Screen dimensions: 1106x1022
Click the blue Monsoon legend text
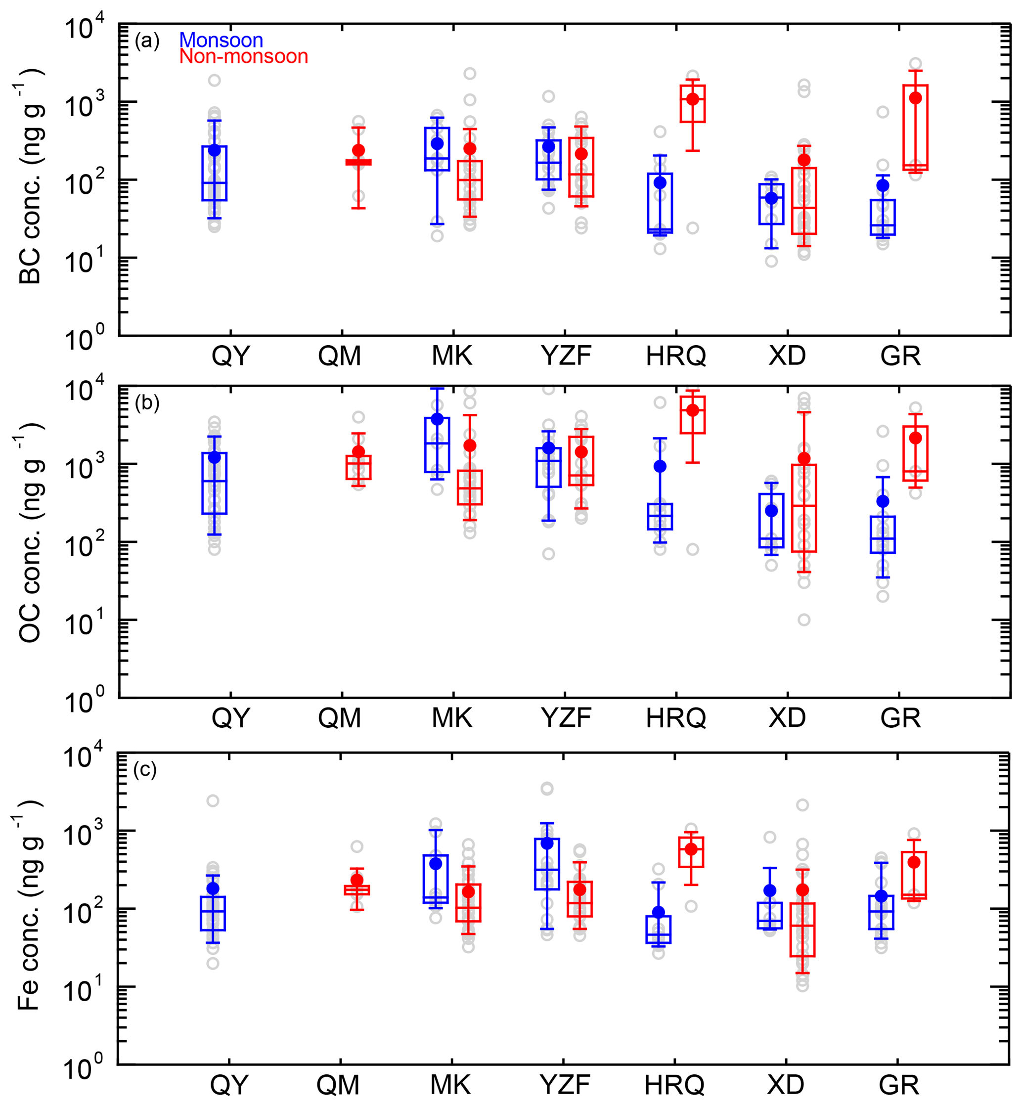tap(221, 41)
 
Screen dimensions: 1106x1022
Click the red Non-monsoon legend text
tap(243, 56)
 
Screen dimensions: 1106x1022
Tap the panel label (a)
tap(146, 41)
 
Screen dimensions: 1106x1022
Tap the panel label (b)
tap(146, 403)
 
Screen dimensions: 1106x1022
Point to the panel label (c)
tap(145, 770)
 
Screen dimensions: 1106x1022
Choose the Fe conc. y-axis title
tap(29, 907)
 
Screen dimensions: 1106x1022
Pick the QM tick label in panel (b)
tap(339, 718)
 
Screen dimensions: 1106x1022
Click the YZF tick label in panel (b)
tap(566, 718)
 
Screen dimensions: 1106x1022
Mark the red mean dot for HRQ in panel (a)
tap(692, 99)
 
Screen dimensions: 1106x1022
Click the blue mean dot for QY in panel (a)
tap(215, 150)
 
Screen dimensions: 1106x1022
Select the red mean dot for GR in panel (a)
tap(915, 98)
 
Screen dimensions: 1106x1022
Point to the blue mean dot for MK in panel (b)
tap(437, 419)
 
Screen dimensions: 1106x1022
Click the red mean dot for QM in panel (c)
tap(357, 880)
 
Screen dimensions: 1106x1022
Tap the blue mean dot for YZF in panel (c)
tap(547, 843)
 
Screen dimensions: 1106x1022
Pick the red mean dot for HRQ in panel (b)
tap(692, 410)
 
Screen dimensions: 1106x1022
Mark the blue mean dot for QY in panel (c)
tap(213, 888)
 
